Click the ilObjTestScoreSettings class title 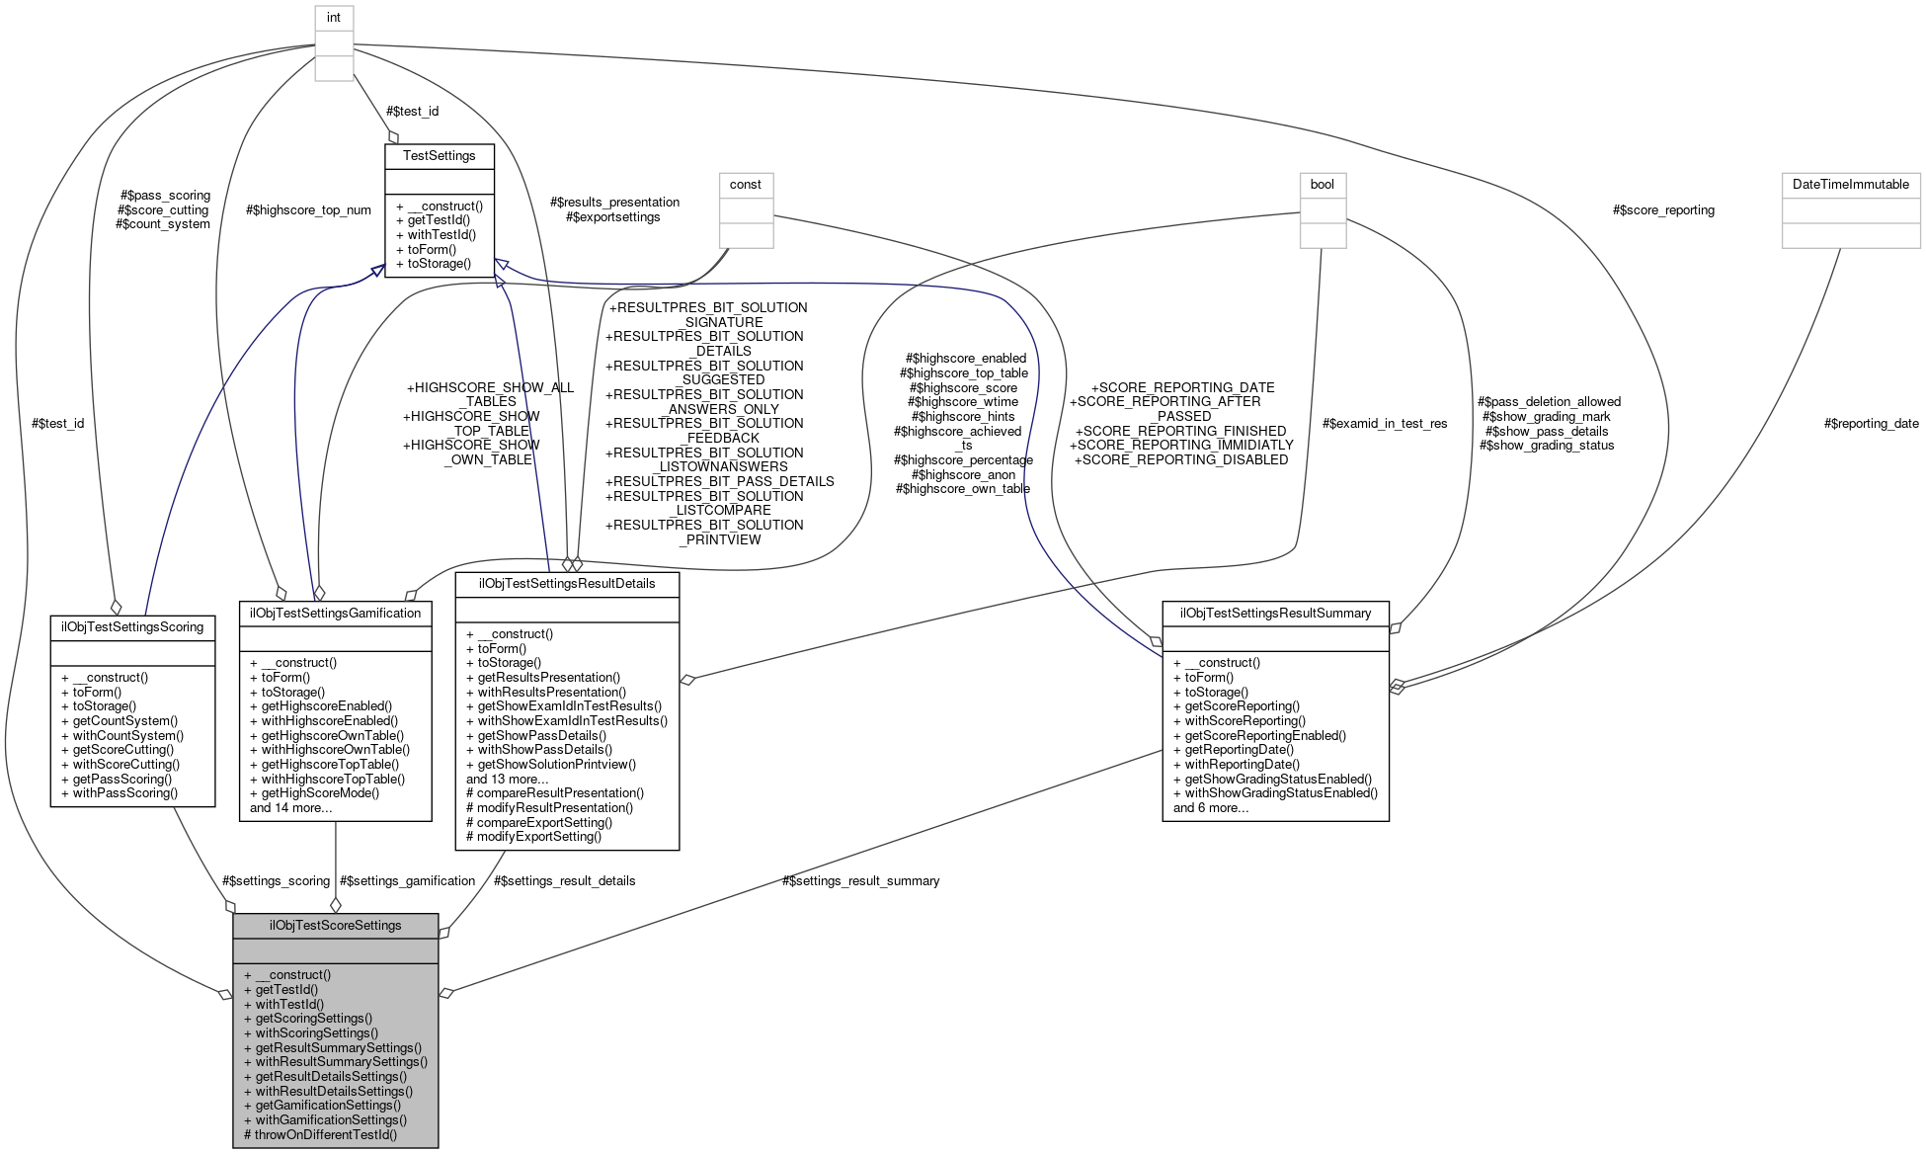335,926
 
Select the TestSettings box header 439,156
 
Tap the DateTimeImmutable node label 1850,185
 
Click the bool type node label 1322,185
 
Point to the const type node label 745,185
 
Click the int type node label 334,17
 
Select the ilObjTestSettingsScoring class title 132,626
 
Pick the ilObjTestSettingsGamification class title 335,613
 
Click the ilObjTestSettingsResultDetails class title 567,583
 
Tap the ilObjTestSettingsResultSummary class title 1275,613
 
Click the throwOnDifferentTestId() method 320,1134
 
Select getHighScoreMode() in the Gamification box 314,793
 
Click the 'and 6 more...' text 1210,807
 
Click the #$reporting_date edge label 1871,424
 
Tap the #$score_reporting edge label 1663,210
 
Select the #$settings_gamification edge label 407,880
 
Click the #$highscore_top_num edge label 309,210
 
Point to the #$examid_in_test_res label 1385,424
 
